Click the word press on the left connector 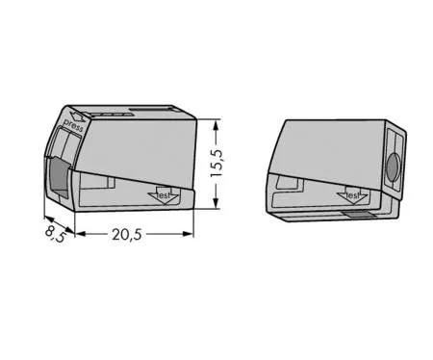click(x=73, y=125)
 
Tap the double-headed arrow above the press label click(x=78, y=116)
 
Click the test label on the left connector click(x=164, y=195)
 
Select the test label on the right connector click(x=353, y=195)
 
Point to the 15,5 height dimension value click(x=216, y=163)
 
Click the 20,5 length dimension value click(x=127, y=235)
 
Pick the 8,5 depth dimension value click(x=56, y=234)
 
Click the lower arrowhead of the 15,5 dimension click(x=216, y=203)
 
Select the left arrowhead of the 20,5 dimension click(x=81, y=234)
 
